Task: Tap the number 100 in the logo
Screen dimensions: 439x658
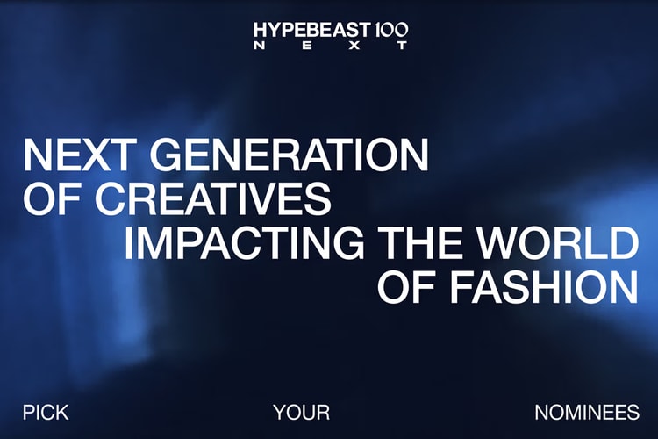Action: tap(390, 29)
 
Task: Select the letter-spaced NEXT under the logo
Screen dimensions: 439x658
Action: tap(330, 46)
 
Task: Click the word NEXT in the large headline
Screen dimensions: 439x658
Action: tap(76, 156)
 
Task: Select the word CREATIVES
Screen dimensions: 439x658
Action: tap(210, 200)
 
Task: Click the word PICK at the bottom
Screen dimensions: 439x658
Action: tap(46, 413)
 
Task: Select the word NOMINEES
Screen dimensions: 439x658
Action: tap(586, 413)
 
